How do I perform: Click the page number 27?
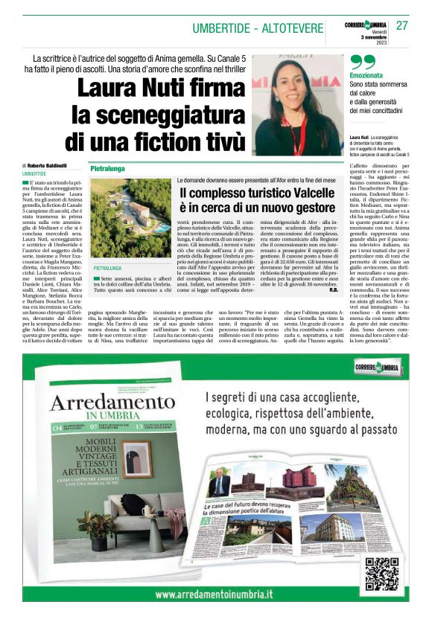click(x=403, y=25)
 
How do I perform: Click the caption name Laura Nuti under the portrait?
click(x=359, y=138)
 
